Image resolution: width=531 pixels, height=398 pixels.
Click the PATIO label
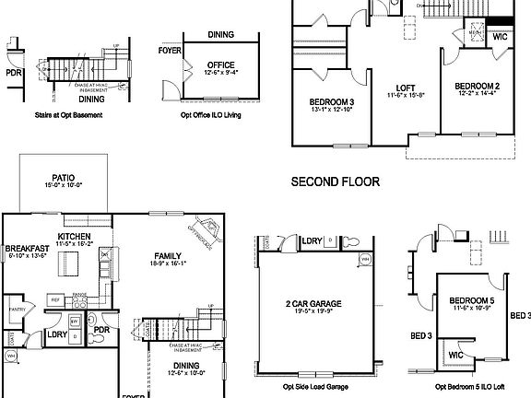click(x=64, y=177)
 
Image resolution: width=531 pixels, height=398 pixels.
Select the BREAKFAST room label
click(x=26, y=249)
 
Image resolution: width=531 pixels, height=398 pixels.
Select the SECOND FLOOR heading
click(x=336, y=181)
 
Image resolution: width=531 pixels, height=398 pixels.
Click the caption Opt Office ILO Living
click(x=210, y=116)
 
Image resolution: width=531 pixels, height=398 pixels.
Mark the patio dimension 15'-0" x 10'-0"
click(x=64, y=185)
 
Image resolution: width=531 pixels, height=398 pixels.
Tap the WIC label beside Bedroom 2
click(x=501, y=37)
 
